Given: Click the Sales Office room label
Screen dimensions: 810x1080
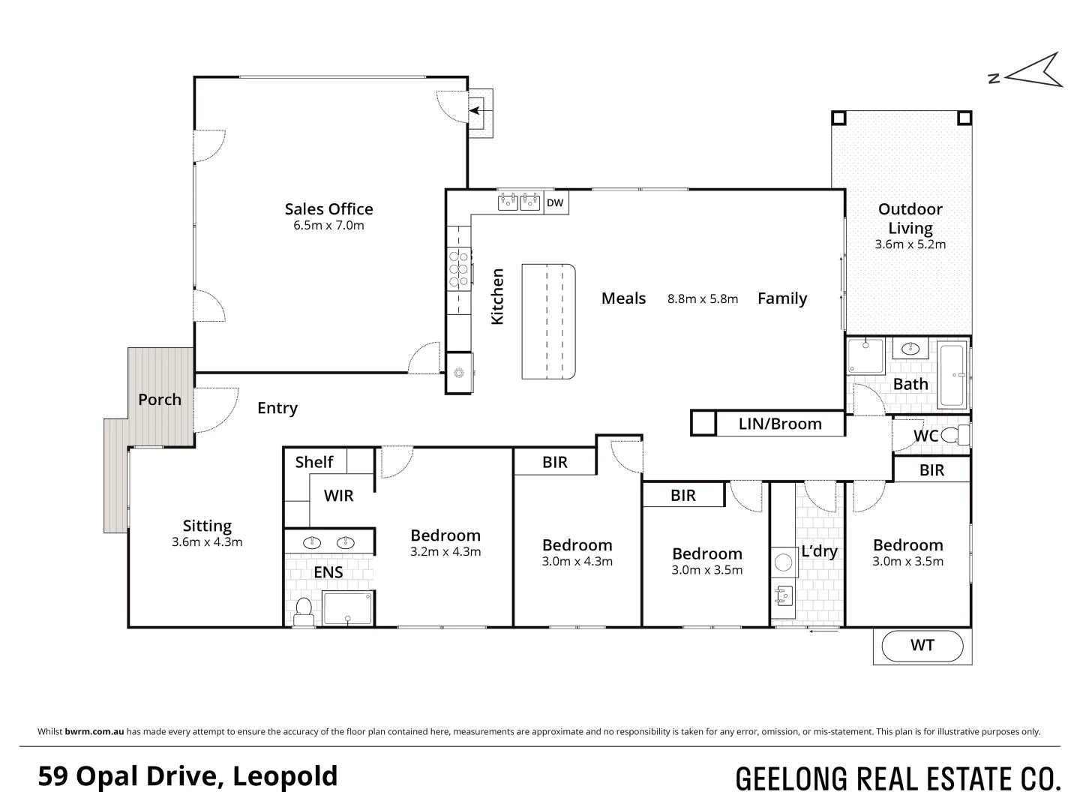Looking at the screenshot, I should pyautogui.click(x=328, y=209).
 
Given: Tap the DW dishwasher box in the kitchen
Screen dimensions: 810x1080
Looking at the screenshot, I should pyautogui.click(x=555, y=202).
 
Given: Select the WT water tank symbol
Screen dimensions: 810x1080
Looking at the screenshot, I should pyautogui.click(x=922, y=645).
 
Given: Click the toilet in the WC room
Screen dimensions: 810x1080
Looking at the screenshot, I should pyautogui.click(x=954, y=435).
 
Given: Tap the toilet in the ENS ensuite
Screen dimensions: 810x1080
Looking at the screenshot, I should pyautogui.click(x=304, y=611).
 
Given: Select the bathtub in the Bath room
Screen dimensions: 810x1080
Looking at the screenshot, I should pyautogui.click(x=952, y=373).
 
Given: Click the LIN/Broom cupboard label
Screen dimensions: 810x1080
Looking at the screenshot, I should pyautogui.click(x=780, y=424).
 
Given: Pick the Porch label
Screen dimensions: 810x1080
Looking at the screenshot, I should pyautogui.click(x=160, y=400).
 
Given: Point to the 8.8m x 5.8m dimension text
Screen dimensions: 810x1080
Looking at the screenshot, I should pyautogui.click(x=703, y=298).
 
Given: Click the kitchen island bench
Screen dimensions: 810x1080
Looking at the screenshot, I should pyautogui.click(x=548, y=321).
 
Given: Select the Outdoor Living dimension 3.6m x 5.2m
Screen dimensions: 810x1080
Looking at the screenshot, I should pyautogui.click(x=910, y=244).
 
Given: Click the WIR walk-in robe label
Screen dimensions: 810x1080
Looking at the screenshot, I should pyautogui.click(x=338, y=495).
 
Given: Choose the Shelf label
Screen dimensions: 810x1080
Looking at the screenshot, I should pyautogui.click(x=313, y=462).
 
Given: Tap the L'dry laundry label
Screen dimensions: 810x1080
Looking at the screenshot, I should pyautogui.click(x=819, y=551).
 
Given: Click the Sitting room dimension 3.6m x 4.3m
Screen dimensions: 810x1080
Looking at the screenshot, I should pyautogui.click(x=207, y=542).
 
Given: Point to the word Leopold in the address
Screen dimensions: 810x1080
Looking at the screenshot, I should pyautogui.click(x=285, y=776).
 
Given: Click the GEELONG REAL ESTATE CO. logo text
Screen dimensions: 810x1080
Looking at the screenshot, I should pyautogui.click(x=898, y=779).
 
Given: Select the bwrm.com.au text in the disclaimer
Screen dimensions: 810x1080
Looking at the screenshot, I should pyautogui.click(x=94, y=731).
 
